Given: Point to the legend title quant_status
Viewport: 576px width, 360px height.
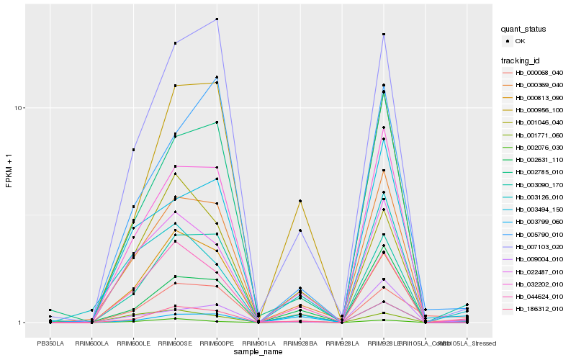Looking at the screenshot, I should tap(524, 29).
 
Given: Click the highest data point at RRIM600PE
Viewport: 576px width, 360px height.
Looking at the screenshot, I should tap(217, 19).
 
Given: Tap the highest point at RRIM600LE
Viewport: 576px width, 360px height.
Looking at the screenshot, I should tap(134, 150).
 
